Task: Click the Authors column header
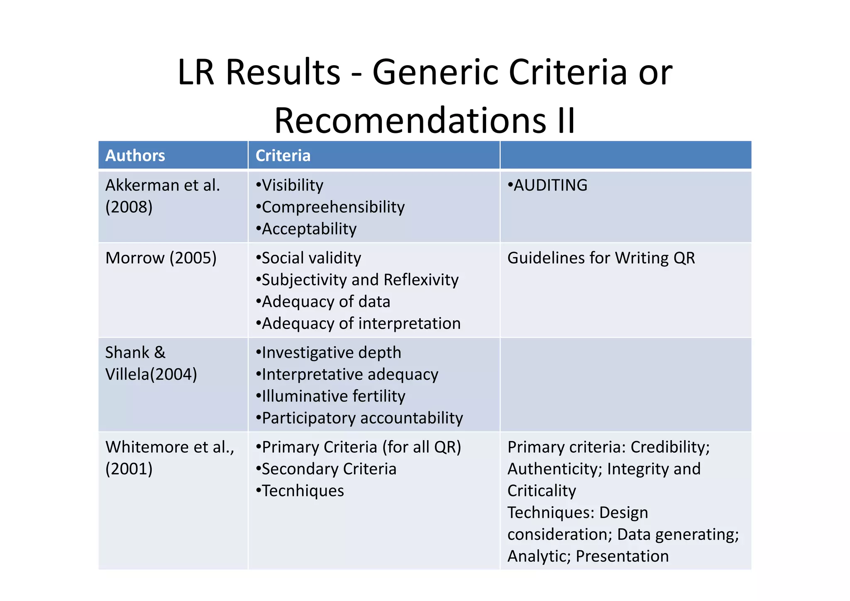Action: (x=135, y=156)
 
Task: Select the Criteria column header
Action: (x=283, y=156)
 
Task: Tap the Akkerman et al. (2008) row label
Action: (x=162, y=196)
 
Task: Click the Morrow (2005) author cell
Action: (x=161, y=258)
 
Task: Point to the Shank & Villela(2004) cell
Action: (x=151, y=363)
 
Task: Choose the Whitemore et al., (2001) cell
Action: (x=170, y=458)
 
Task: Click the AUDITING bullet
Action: (x=547, y=185)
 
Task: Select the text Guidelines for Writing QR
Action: (x=601, y=258)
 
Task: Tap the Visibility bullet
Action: (x=290, y=185)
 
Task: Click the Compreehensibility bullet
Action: (x=330, y=207)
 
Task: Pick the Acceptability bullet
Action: (x=306, y=229)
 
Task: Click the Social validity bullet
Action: (x=308, y=258)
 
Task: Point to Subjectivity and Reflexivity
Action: (x=357, y=280)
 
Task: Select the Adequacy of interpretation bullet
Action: (x=358, y=324)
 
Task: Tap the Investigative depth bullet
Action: (x=329, y=353)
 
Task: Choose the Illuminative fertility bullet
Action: (x=331, y=396)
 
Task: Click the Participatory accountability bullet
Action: (x=359, y=418)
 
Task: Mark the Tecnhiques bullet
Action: (x=300, y=491)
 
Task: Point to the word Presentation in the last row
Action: (x=622, y=556)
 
